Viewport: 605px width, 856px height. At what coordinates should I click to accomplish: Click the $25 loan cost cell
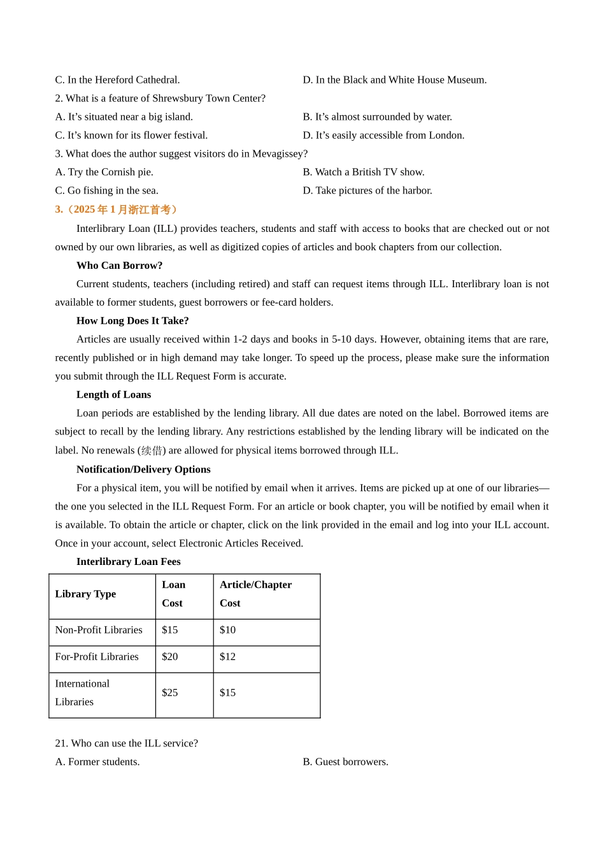coord(170,692)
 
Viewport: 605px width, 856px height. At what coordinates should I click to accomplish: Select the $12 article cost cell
coord(227,657)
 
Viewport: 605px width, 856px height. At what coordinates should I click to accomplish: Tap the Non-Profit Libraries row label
coord(99,630)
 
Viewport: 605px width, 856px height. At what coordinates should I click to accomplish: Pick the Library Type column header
coord(85,594)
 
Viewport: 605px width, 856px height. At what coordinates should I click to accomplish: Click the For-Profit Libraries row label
coord(97,657)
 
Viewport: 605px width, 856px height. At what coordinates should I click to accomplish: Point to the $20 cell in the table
coord(170,657)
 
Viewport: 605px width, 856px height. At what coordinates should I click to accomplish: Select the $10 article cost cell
coord(227,630)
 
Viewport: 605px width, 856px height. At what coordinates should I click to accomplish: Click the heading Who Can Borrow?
coord(119,266)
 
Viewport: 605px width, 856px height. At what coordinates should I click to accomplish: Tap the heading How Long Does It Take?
coord(132,321)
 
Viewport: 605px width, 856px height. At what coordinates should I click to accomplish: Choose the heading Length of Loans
coord(113,395)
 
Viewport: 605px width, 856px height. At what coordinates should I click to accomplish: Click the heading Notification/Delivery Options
coord(143,469)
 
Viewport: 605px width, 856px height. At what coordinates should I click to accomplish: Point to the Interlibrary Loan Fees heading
coord(128,562)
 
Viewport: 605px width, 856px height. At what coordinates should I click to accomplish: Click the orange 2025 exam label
coord(116,210)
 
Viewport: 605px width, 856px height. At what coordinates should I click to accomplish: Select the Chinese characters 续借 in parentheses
coord(152,451)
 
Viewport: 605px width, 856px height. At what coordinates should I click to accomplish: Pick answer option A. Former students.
coord(97,762)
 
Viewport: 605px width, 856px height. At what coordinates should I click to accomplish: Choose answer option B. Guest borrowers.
coord(345,762)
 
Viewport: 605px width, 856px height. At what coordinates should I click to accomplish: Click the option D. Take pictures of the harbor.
coord(367,190)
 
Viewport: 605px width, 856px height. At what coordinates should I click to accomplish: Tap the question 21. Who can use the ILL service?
coord(126,743)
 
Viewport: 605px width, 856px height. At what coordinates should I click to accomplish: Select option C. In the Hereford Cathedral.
coord(117,80)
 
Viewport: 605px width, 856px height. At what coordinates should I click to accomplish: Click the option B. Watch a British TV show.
coord(364,172)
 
